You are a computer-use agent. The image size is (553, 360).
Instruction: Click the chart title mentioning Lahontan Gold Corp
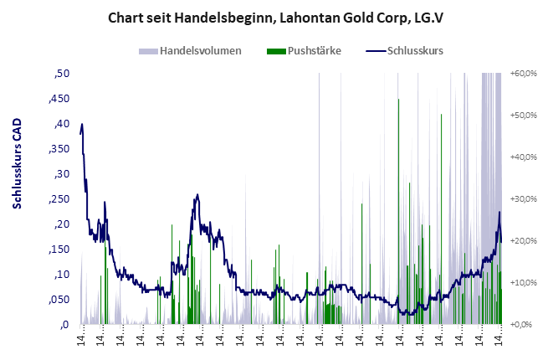click(x=276, y=17)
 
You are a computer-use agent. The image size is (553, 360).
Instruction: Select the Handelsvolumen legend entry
click(x=200, y=51)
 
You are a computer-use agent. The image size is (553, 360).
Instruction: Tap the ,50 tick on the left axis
click(x=60, y=74)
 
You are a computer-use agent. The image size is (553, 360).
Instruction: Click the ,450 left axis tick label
click(x=58, y=99)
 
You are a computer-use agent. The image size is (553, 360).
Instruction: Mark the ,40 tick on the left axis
click(x=60, y=124)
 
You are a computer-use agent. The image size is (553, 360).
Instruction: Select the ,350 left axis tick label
click(x=58, y=149)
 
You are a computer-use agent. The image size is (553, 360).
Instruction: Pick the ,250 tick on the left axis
click(x=58, y=199)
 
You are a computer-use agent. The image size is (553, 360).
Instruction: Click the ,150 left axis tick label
click(x=58, y=249)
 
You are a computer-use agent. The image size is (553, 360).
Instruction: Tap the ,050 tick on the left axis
click(x=58, y=300)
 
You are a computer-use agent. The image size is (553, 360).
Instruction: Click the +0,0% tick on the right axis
click(x=523, y=325)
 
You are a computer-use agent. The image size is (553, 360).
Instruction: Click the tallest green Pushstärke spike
click(x=398, y=100)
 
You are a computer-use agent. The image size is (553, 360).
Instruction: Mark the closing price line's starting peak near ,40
click(x=82, y=125)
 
